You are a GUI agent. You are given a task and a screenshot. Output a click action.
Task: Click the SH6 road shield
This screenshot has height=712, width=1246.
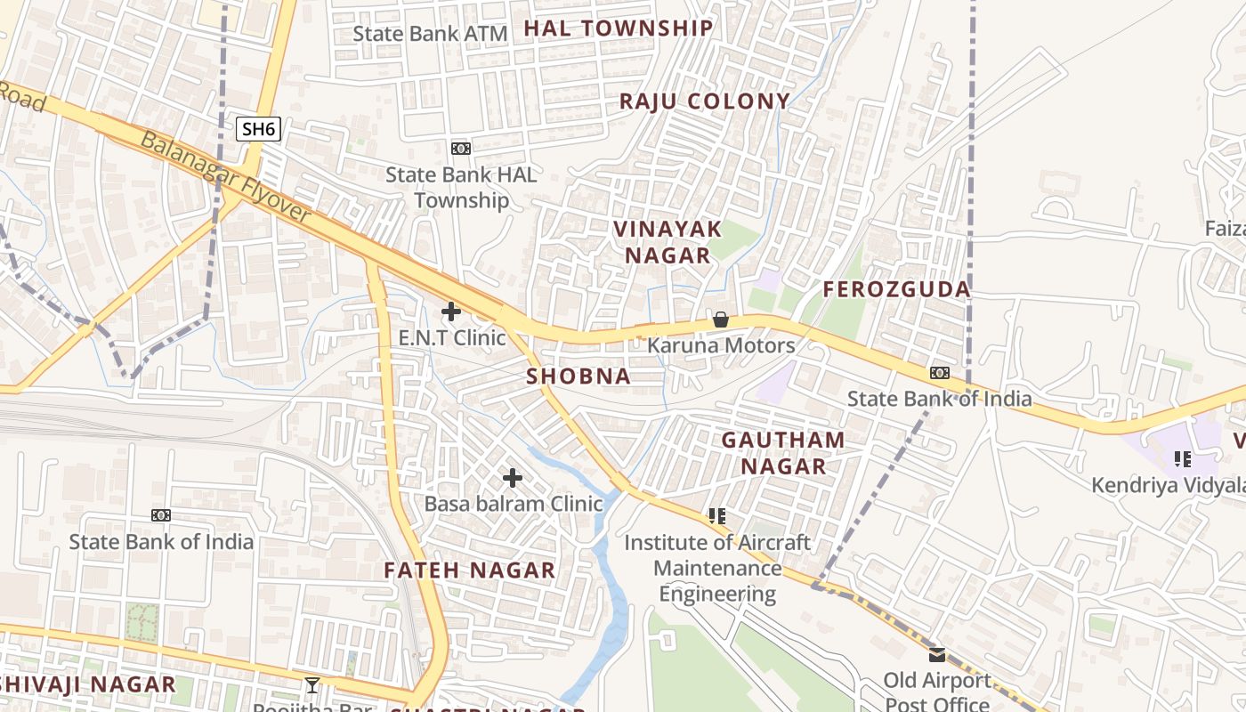point(259,128)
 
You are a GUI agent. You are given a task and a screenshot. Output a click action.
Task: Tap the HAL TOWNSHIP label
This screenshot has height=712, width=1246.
point(619,28)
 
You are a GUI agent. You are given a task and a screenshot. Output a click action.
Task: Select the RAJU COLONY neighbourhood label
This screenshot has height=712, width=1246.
point(705,101)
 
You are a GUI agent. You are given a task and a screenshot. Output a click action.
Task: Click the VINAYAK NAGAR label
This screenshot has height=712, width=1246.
point(667,242)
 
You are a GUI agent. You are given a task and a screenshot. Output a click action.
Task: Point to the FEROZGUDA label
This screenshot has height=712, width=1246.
point(896,289)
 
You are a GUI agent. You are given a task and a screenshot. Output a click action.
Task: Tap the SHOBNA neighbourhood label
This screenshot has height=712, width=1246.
point(578,376)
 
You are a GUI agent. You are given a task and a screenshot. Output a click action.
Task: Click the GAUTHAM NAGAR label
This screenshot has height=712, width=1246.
point(783,452)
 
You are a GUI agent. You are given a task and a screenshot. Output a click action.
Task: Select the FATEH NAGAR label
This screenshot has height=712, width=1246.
point(470,570)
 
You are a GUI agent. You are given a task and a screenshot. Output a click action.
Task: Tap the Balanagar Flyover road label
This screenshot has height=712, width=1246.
point(227,178)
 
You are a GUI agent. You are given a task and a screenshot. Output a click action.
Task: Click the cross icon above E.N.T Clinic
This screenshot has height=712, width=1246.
point(451,311)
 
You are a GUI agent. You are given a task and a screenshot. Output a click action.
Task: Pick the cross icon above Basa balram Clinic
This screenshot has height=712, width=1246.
point(513,478)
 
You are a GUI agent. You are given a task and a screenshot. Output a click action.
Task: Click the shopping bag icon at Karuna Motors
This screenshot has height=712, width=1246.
point(721,320)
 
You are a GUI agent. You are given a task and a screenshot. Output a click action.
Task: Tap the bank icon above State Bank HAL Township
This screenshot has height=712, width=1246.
point(461,149)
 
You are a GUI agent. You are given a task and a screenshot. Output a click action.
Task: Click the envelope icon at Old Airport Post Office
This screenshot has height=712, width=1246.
point(937,655)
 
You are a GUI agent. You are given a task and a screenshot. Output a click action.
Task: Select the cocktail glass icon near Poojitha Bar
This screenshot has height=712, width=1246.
point(312,684)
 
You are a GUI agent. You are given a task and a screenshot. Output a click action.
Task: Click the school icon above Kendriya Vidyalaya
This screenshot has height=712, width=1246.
point(1183,459)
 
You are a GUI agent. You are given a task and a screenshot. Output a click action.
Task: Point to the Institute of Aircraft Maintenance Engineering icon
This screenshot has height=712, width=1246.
point(717,516)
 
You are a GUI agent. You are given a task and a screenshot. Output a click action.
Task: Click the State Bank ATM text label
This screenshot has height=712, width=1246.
point(430,34)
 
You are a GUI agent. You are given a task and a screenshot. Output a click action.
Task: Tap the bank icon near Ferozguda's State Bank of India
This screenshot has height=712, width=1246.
point(939,373)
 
